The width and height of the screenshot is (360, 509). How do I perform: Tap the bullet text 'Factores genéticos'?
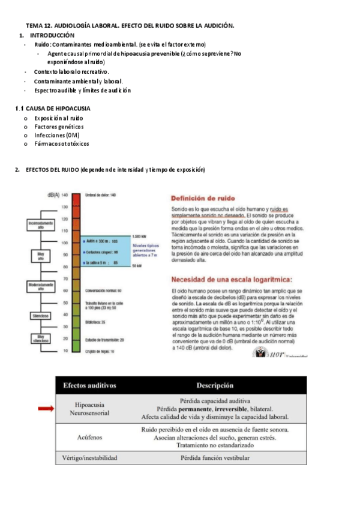59,127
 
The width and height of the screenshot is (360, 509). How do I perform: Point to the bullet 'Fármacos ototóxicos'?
61,144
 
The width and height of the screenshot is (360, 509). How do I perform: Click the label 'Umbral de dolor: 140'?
100,195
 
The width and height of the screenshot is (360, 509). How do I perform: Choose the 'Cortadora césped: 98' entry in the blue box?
104,251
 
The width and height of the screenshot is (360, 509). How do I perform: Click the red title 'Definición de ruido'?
203,199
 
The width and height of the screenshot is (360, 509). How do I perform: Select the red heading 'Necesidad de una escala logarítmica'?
232,279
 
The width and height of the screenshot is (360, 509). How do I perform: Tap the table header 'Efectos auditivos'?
90,385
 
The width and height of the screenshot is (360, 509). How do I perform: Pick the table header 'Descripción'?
215,385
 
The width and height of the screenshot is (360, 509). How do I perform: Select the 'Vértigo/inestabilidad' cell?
90,457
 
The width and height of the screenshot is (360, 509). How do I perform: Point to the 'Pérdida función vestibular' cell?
215,457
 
